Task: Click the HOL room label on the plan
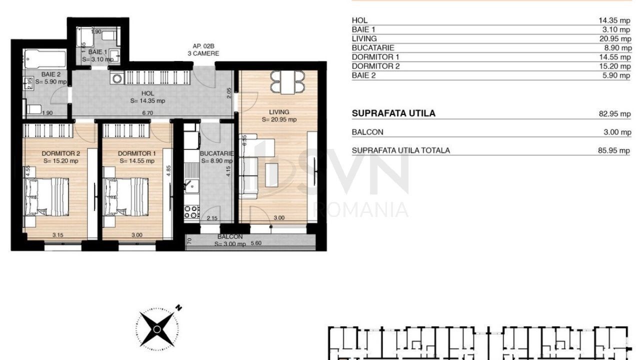[x=147, y=93]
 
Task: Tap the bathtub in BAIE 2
[x=45, y=59]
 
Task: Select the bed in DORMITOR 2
[x=46, y=197]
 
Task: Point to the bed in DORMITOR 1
[x=125, y=197]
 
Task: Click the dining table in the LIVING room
[x=287, y=82]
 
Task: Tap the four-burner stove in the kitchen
[x=191, y=211]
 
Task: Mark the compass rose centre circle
[x=157, y=329]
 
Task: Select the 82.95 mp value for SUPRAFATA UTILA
[x=614, y=114]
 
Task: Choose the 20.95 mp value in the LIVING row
[x=615, y=38]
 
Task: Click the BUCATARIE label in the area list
[x=373, y=47]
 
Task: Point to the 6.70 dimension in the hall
[x=147, y=113]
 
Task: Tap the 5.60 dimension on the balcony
[x=255, y=243]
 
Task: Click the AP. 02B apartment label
[x=203, y=46]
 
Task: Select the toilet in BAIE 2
[x=33, y=109]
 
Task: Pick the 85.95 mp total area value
[x=614, y=150]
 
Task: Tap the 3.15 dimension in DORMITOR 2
[x=57, y=235]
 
